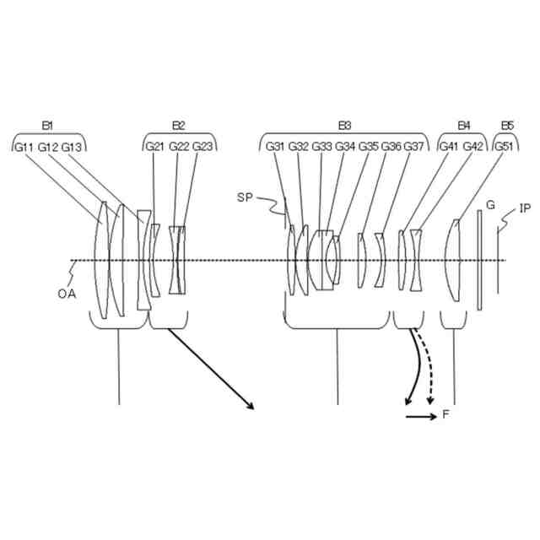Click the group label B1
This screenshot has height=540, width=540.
coord(47,126)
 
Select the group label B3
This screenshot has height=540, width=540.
coord(344,126)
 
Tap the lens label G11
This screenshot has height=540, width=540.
coord(24,147)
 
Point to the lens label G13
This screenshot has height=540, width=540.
coord(72,147)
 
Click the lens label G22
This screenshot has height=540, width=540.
coord(179,147)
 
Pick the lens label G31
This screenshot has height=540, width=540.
coord(275,147)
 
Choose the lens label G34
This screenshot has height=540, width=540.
coord(345,147)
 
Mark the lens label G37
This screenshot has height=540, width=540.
coord(413,147)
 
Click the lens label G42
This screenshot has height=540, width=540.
coord(473,147)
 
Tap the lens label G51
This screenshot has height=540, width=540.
coord(504,147)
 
